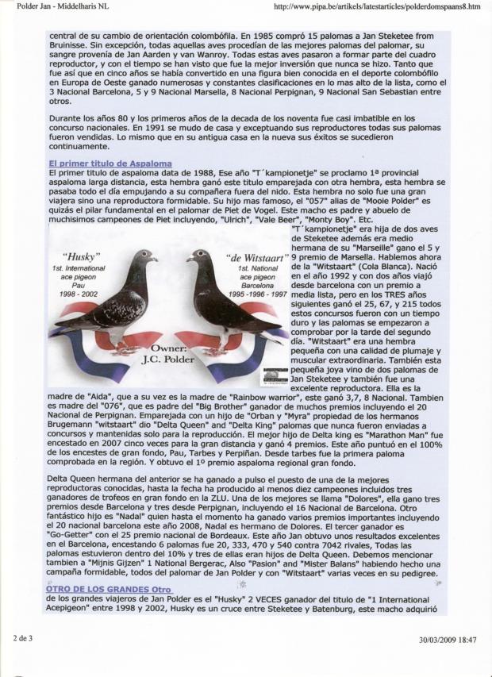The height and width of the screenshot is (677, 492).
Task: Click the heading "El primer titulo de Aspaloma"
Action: (110, 163)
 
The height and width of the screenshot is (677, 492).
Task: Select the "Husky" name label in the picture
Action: (81, 257)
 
